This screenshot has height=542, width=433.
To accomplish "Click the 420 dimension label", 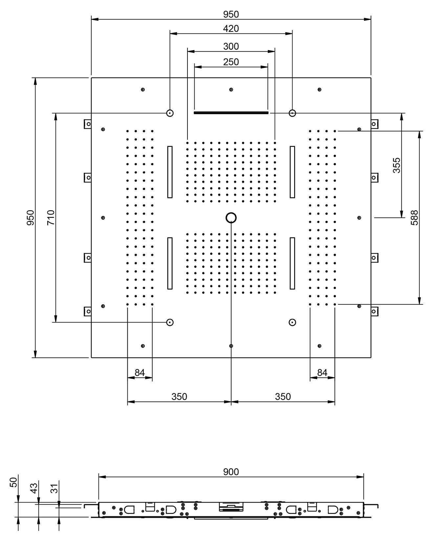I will click(x=231, y=29).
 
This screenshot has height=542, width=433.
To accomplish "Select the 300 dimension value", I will click(x=231, y=46).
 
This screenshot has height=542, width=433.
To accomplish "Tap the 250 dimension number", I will click(x=231, y=62).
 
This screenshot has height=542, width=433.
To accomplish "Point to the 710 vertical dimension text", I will click(x=51, y=217).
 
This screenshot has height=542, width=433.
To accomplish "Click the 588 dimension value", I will click(x=415, y=217).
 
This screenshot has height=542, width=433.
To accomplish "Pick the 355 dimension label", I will click(x=397, y=165).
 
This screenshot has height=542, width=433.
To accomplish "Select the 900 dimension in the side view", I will click(x=231, y=472).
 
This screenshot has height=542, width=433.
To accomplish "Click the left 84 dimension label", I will click(x=140, y=373).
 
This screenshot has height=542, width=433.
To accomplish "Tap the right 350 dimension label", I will click(x=283, y=396).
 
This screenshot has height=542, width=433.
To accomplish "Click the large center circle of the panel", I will click(x=231, y=217).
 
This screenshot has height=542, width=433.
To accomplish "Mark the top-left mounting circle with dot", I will click(x=170, y=113).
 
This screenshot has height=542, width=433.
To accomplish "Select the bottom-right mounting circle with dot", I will click(x=292, y=322).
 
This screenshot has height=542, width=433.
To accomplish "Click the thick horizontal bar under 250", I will click(x=231, y=113).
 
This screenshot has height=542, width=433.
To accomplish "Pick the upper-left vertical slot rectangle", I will click(x=170, y=172).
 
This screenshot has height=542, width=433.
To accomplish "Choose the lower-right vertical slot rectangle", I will click(x=292, y=263).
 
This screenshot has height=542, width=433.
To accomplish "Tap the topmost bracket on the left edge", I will click(x=88, y=124).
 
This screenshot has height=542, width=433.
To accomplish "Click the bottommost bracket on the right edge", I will click(x=374, y=311).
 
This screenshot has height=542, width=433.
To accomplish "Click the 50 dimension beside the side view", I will click(x=14, y=482).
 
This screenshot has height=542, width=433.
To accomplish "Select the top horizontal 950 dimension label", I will click(x=231, y=14).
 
